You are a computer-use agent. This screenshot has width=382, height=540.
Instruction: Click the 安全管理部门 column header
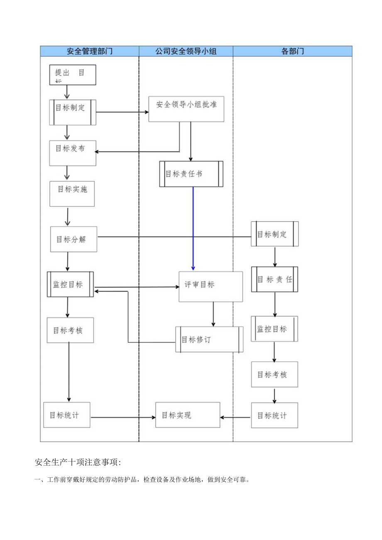89,51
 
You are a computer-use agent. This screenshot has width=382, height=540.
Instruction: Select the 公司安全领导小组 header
186,51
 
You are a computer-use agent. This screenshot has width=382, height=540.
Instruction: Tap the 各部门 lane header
292,51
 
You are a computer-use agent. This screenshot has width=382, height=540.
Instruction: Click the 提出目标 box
73,75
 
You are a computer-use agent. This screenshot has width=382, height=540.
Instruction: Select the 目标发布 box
73,153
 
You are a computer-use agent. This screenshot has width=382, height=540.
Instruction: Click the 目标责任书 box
191,174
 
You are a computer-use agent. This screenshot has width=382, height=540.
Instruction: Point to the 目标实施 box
72,193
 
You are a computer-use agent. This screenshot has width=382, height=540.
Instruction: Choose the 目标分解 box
73,239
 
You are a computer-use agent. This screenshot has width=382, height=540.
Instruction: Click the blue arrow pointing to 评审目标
193,228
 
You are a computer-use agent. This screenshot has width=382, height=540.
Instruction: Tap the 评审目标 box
211,286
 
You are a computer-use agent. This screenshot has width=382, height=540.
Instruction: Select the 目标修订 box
209,339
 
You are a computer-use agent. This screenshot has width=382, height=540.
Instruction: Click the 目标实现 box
188,415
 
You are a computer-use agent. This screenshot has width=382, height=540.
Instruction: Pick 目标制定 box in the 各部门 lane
274,234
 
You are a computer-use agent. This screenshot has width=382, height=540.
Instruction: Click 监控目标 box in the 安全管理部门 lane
70,284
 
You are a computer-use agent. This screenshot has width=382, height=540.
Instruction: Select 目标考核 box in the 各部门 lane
274,374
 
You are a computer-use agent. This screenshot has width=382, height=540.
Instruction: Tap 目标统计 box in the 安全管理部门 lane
66,415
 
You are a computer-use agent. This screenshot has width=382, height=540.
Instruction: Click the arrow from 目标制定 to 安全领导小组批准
122,112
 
